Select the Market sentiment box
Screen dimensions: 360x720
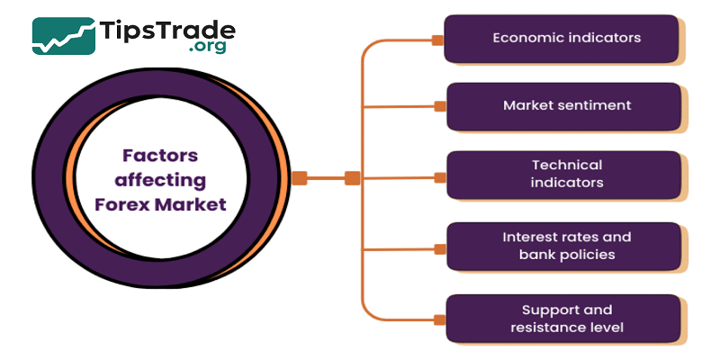click(564, 106)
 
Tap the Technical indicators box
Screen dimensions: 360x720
click(564, 174)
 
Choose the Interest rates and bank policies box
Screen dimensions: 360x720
click(564, 246)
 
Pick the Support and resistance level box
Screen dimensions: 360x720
click(564, 318)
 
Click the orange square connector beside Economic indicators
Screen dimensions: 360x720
click(437, 40)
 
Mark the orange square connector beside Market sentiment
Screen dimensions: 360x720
click(440, 106)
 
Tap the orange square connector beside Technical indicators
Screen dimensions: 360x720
click(440, 176)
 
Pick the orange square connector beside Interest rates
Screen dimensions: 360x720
click(440, 248)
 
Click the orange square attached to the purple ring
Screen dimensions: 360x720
click(300, 178)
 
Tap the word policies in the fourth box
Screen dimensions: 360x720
click(585, 256)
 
